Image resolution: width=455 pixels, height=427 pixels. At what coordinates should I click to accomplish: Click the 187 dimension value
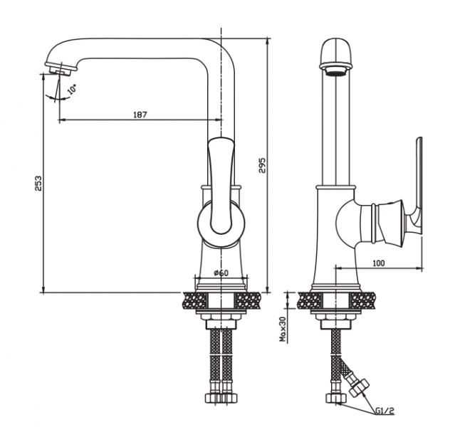pos(140,115)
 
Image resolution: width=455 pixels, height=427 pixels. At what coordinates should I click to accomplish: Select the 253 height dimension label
pos(38,183)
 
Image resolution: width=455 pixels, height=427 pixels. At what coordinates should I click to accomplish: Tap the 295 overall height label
pos(262,165)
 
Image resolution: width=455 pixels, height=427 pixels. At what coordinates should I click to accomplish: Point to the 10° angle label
pos(72,88)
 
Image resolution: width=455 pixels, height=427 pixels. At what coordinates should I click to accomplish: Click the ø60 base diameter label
pos(221,273)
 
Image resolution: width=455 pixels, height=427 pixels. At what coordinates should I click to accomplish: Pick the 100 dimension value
pos(378,263)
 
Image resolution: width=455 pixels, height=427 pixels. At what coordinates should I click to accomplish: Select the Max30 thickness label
pos(283,329)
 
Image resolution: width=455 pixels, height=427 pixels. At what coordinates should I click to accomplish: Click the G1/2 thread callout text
pos(385,411)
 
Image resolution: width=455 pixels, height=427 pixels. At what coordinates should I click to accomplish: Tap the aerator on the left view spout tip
pos(60,70)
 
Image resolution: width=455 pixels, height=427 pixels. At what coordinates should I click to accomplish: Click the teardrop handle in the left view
pos(221,186)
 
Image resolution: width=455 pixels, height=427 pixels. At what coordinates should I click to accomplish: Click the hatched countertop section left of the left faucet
pos(194,300)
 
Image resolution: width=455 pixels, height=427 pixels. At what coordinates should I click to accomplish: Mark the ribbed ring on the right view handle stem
pos(375,223)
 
